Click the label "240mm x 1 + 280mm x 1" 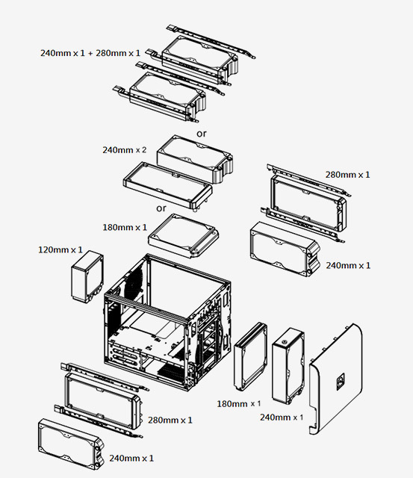90,53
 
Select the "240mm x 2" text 124,149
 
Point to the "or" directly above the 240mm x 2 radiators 201,133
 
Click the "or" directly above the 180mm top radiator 161,208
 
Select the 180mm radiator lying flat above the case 184,234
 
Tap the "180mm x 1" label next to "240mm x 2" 124,226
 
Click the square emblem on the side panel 340,380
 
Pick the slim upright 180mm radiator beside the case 251,358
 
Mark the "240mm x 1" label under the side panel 282,416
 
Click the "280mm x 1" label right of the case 347,174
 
